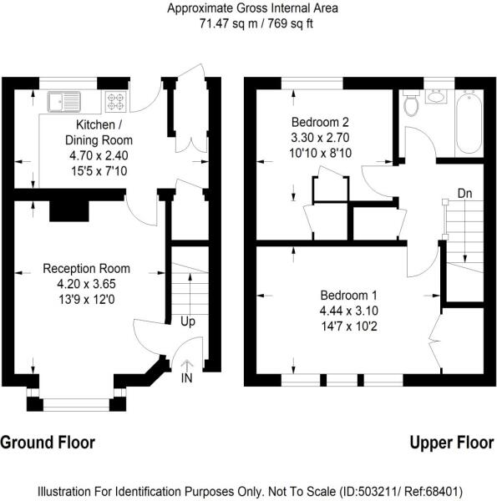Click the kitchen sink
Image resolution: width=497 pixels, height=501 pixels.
tap(64, 102)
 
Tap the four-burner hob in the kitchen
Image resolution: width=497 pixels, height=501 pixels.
tap(116, 101)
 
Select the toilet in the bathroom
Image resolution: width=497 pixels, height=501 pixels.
tap(411, 103)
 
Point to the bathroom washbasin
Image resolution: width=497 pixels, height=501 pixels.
tap(436, 96)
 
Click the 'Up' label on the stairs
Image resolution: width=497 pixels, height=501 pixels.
tap(188, 321)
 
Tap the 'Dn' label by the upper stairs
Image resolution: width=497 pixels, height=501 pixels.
tap(464, 194)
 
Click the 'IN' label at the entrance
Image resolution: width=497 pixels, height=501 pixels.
tap(186, 378)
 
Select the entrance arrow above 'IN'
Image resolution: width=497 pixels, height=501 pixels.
tap(187, 366)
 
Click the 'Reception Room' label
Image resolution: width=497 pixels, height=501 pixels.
tap(86, 268)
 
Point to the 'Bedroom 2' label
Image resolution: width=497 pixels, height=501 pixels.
tap(320, 122)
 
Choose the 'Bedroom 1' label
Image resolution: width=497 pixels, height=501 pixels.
tap(348, 296)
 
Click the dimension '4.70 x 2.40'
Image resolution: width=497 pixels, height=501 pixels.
tap(99, 155)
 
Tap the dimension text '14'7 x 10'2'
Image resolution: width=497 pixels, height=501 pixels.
tap(349, 326)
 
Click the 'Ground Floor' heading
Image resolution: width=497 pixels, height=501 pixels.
tap(48, 443)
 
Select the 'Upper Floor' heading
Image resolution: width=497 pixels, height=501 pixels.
tap(452, 443)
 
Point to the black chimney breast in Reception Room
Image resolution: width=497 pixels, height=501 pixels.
tap(69, 211)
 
